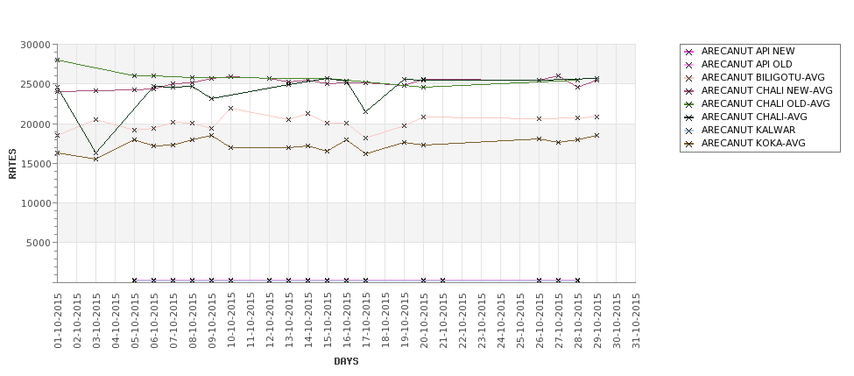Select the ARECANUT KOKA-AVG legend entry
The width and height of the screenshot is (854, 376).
[753, 144]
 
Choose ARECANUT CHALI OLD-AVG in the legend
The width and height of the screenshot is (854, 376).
[766, 103]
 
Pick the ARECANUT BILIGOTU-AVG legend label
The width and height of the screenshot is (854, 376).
[763, 77]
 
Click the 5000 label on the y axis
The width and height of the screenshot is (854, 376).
[39, 243]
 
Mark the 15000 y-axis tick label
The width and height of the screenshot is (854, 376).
[35, 164]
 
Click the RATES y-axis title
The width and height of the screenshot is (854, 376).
[12, 164]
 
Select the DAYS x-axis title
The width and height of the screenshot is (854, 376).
[346, 361]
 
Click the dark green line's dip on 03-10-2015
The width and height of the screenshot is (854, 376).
[95, 153]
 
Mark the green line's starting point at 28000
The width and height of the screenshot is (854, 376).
[57, 60]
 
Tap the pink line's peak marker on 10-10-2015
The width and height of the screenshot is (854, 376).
[231, 109]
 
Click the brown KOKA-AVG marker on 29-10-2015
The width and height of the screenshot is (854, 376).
[597, 135]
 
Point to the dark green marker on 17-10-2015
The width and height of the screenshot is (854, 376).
[366, 111]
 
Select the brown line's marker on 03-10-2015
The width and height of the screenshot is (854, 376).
[95, 159]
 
